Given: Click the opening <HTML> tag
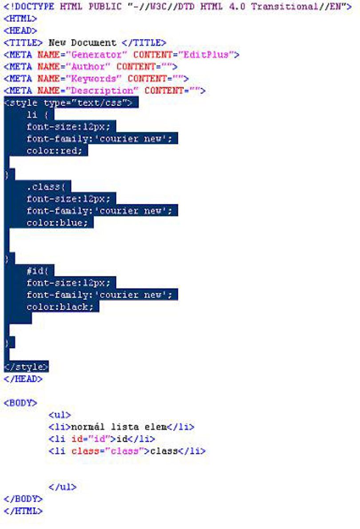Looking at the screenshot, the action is click(20, 19).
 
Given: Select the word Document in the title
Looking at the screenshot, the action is click(93, 43).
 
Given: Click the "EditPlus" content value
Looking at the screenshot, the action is click(206, 55).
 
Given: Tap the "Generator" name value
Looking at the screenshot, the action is click(96, 55).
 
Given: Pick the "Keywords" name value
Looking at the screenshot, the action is click(93, 79).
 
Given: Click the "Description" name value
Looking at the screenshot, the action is click(102, 91).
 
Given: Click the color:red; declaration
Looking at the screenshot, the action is click(54, 151).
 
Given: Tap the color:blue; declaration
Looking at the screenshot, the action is click(57, 223).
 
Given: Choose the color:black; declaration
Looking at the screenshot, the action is click(60, 306).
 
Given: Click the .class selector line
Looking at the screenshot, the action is click(46, 187).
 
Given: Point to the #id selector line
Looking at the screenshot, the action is click(37, 270).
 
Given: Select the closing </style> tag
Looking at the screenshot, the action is click(26, 367).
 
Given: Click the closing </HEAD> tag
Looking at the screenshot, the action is click(23, 379).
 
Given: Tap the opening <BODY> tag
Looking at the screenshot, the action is click(20, 403).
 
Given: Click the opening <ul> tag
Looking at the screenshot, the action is click(60, 415).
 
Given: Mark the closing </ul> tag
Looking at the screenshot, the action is click(63, 487).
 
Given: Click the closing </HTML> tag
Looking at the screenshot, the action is click(23, 511).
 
